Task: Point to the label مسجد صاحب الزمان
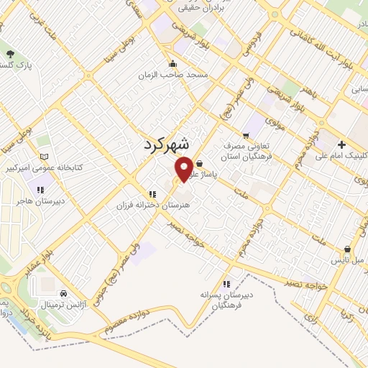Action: [174, 74]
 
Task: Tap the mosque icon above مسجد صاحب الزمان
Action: [172, 63]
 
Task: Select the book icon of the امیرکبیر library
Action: [45, 156]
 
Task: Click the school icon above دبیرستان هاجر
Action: [41, 190]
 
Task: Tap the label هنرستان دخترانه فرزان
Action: [151, 205]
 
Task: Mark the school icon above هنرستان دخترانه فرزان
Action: [152, 194]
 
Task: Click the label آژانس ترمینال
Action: [65, 305]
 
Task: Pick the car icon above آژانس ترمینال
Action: [64, 293]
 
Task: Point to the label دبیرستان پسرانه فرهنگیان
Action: [227, 300]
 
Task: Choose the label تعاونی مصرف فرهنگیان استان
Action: [247, 149]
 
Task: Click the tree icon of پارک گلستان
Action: [9, 54]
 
